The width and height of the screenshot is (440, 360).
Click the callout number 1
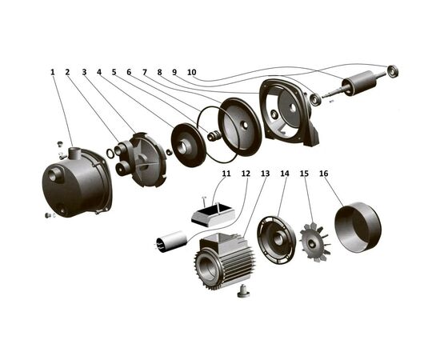[x=52, y=72]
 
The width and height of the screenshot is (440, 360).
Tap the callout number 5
[x=114, y=72]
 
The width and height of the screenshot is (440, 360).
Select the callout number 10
[x=192, y=72]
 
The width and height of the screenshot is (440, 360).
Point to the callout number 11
[x=226, y=174]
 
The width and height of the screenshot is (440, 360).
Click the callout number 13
[x=265, y=174]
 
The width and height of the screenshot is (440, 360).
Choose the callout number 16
[x=323, y=174]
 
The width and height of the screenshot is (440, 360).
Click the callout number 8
[x=159, y=72]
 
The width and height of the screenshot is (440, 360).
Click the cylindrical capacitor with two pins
[x=171, y=242]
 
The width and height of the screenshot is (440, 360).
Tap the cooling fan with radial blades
[x=315, y=242]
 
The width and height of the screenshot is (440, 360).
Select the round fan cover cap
[x=358, y=226]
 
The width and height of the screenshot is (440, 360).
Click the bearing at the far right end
[x=392, y=70]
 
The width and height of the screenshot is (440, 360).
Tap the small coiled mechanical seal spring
[x=214, y=135]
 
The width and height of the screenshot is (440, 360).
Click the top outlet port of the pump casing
[x=75, y=152]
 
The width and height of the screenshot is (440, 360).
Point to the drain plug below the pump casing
[x=48, y=215]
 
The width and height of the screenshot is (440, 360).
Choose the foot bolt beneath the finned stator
[x=242, y=291]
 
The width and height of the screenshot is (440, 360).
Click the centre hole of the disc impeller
[x=182, y=147]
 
